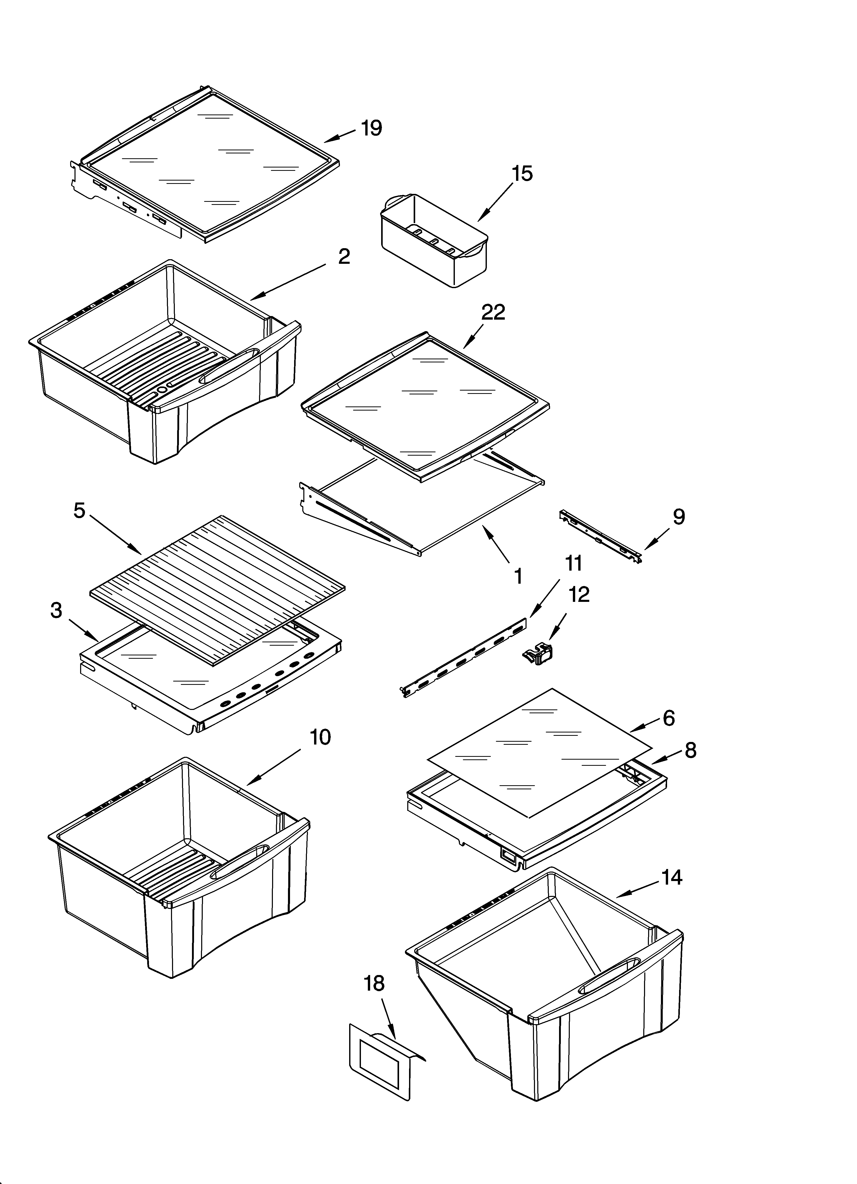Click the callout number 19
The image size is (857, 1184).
pos(372,128)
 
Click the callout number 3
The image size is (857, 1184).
pos(56,610)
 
